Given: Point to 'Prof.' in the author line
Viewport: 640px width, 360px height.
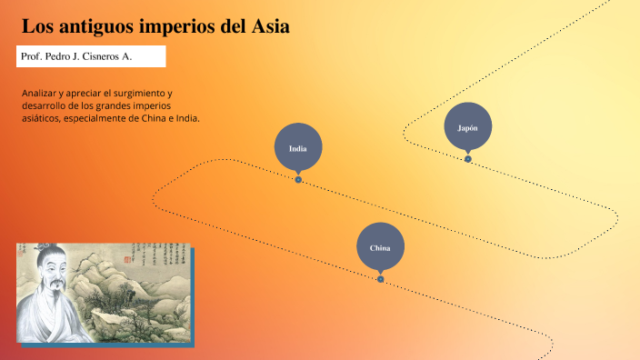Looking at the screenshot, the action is click(32, 56).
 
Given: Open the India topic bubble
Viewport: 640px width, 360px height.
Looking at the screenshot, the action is click(297, 148).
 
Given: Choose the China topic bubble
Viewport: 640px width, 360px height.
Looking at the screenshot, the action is click(380, 247).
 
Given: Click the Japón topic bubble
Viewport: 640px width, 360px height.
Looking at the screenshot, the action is click(468, 128).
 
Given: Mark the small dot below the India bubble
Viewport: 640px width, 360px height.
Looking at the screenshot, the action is click(298, 179).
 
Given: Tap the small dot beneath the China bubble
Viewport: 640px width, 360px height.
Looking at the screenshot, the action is click(380, 279).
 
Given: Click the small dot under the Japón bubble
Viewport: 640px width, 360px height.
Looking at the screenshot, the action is click(468, 159).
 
